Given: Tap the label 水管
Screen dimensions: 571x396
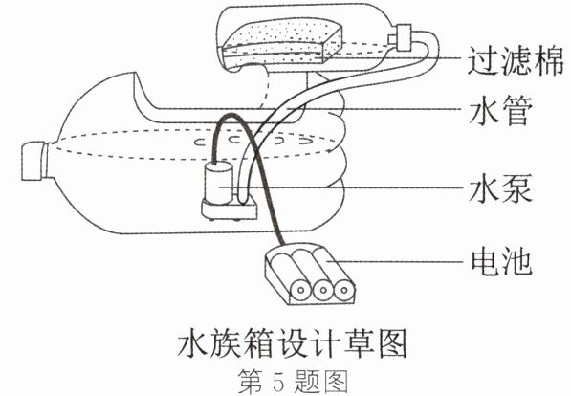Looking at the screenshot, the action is tap(500, 110).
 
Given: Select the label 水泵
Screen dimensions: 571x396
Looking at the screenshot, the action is tap(500, 188).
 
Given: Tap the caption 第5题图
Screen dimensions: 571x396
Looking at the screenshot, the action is tap(293, 382).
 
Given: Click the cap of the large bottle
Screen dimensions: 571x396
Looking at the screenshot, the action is tap(33, 161).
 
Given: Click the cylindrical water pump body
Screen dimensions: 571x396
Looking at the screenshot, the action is tap(218, 183).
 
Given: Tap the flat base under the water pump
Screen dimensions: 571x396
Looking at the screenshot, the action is tap(230, 209).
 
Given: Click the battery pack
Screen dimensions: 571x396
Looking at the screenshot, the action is tap(310, 274).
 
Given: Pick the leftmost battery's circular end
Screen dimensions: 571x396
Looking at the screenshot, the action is tap(300, 291).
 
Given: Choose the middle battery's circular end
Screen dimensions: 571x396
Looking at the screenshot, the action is tap(322, 291).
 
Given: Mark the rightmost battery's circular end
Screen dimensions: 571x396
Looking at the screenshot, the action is tap(344, 291).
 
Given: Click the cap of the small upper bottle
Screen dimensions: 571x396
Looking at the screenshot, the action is tap(403, 37).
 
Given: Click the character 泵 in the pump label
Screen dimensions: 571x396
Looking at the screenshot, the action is tap(516, 188).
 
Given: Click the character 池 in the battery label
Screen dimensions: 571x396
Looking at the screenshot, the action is tap(517, 261).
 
